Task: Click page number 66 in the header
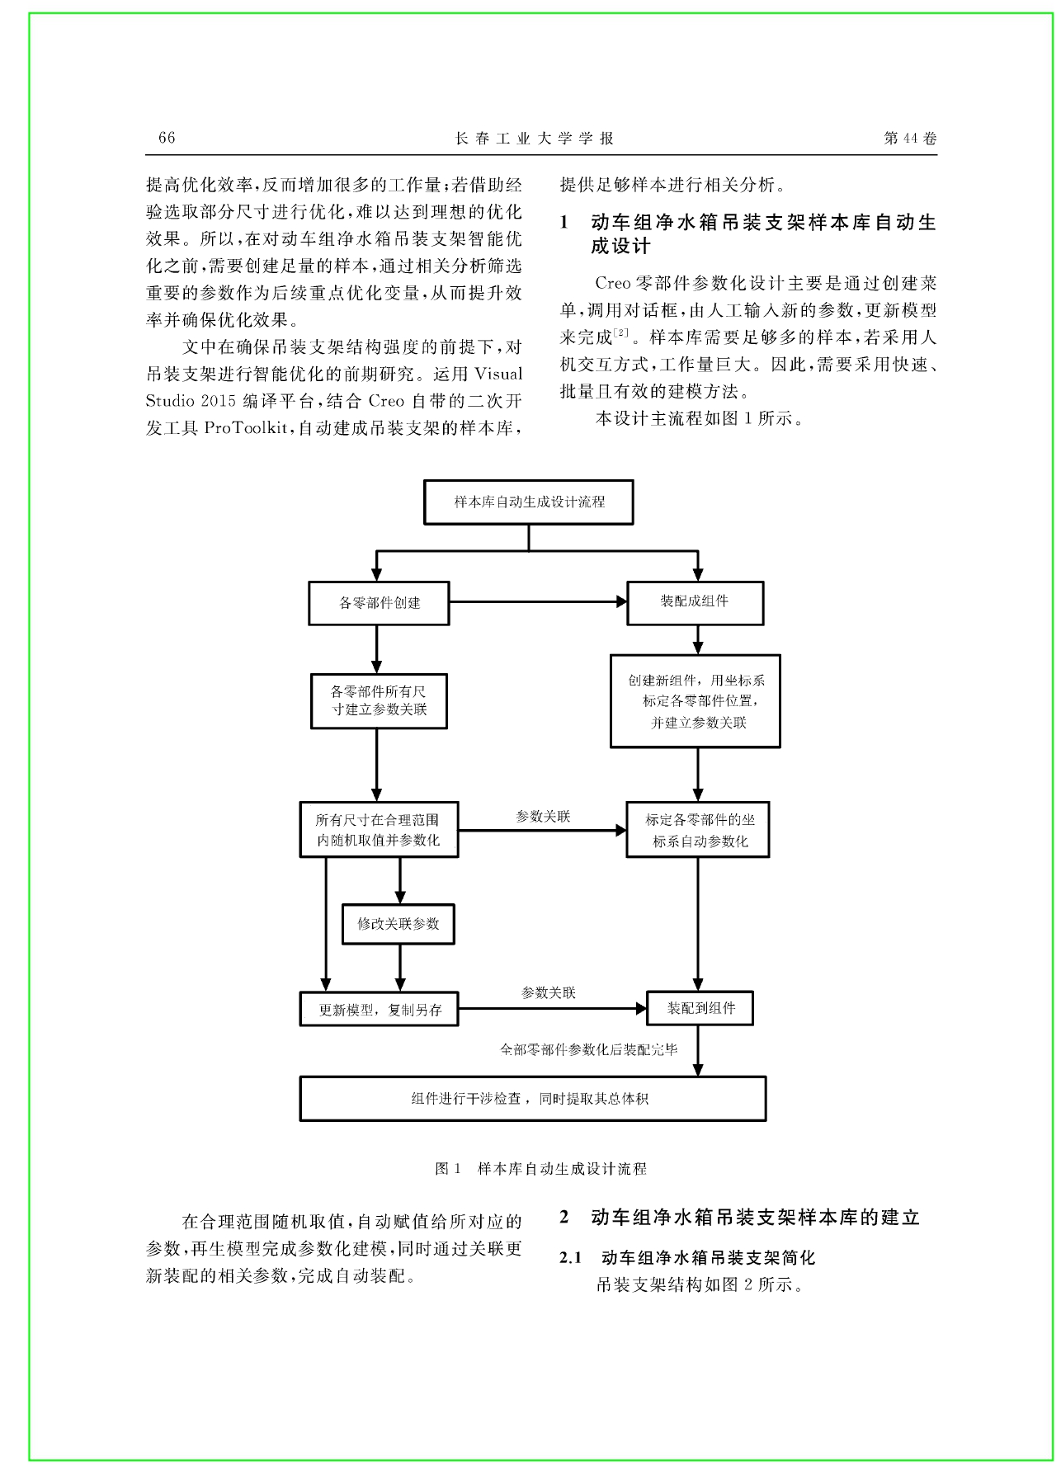pyautogui.click(x=167, y=138)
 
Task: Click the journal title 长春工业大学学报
pyautogui.click(x=535, y=139)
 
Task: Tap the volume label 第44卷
pyautogui.click(x=910, y=139)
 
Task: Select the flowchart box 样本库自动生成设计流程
pyautogui.click(x=529, y=502)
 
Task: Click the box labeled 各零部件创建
pyautogui.click(x=379, y=603)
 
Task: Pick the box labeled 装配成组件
pyautogui.click(x=696, y=602)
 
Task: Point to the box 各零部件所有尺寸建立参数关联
pyautogui.click(x=379, y=701)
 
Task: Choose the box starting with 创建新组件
pyautogui.click(x=696, y=701)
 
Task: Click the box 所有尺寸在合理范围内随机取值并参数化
pyautogui.click(x=379, y=830)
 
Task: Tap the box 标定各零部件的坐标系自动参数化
pyautogui.click(x=698, y=830)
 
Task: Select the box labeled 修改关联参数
pyautogui.click(x=398, y=924)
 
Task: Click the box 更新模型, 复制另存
pyautogui.click(x=379, y=1009)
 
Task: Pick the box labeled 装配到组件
pyautogui.click(x=700, y=1008)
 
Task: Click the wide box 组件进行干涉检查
pyautogui.click(x=533, y=1098)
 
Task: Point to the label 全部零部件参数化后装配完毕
pyautogui.click(x=589, y=1049)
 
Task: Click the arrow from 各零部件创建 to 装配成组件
pyautogui.click(x=538, y=602)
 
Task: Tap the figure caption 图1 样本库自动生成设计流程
pyautogui.click(x=540, y=1169)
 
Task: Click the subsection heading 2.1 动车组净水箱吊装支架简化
pyautogui.click(x=687, y=1258)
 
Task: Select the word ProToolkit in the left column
pyautogui.click(x=246, y=428)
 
